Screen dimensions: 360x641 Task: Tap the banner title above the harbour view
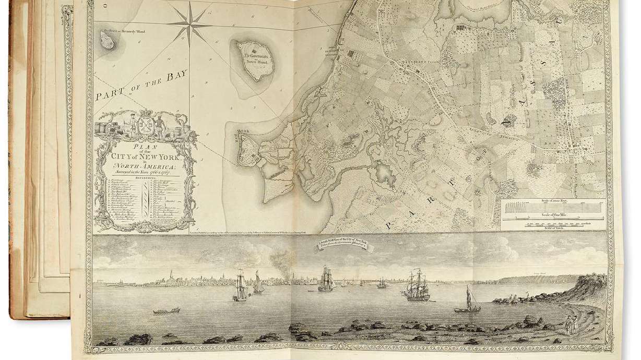(341, 244)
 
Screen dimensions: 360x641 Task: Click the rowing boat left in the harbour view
(166, 310)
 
